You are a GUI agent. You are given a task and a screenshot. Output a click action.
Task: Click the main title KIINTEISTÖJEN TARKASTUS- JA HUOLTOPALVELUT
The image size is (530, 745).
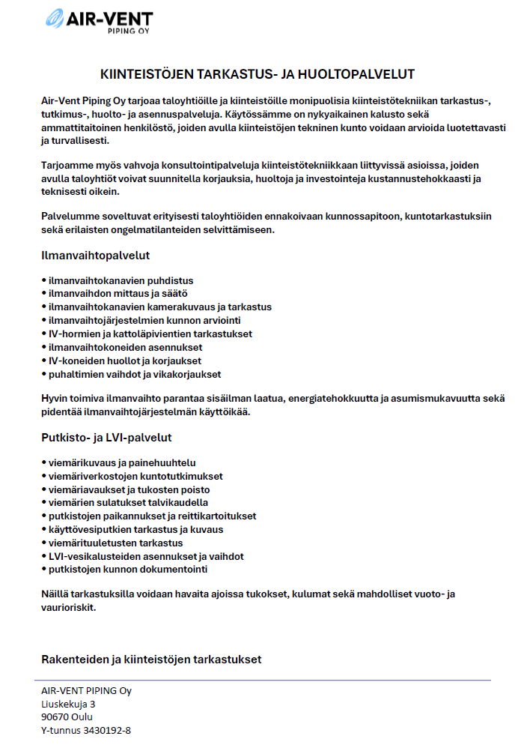pyautogui.click(x=258, y=74)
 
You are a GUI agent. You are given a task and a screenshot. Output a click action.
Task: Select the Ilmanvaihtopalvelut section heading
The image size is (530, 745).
pyautogui.click(x=95, y=256)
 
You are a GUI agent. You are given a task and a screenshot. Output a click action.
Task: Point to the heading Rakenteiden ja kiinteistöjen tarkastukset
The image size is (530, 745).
pyautogui.click(x=150, y=660)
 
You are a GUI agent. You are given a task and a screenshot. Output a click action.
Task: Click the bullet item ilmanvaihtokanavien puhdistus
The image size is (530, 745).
pyautogui.click(x=121, y=280)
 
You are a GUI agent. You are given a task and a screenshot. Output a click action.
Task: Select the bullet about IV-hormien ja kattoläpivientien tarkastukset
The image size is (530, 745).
pyautogui.click(x=150, y=334)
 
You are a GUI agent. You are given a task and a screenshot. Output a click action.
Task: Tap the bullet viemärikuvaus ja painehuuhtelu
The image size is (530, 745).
pyautogui.click(x=121, y=463)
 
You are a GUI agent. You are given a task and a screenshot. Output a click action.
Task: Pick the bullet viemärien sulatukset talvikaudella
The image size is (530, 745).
pyautogui.click(x=128, y=503)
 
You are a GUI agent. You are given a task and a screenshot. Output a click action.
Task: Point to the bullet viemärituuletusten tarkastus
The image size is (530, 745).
pyautogui.click(x=115, y=543)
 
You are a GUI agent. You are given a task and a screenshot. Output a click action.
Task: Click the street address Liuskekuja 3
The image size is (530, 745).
pyautogui.click(x=68, y=704)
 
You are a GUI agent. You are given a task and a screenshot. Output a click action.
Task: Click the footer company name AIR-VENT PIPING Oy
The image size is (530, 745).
pyautogui.click(x=86, y=691)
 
